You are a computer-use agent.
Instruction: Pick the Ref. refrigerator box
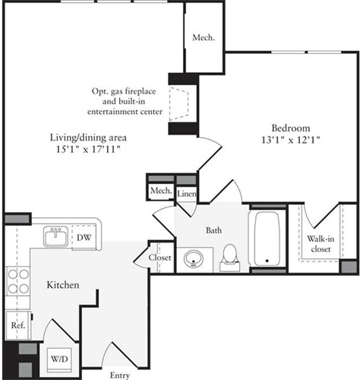tap(17, 325)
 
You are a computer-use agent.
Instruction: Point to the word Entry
tap(119, 375)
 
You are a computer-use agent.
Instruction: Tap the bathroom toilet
tap(229, 258)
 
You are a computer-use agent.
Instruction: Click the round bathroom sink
tap(193, 259)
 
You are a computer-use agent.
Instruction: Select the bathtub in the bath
tap(268, 239)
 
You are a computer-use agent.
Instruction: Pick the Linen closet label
tap(188, 194)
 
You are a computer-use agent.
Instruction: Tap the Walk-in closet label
tap(320, 242)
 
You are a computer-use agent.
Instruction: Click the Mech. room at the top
tap(203, 36)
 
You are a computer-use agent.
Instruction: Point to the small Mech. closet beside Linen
tap(160, 190)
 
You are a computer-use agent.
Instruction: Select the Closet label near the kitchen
tap(160, 258)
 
